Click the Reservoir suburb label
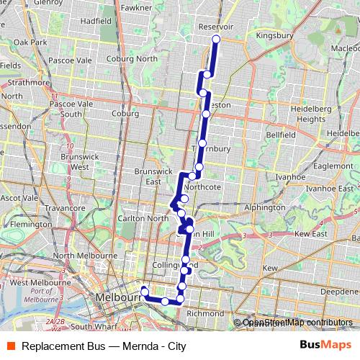coord(216,27)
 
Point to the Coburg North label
coord(132,59)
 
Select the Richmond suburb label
coord(205,314)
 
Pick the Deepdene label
coord(338,292)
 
